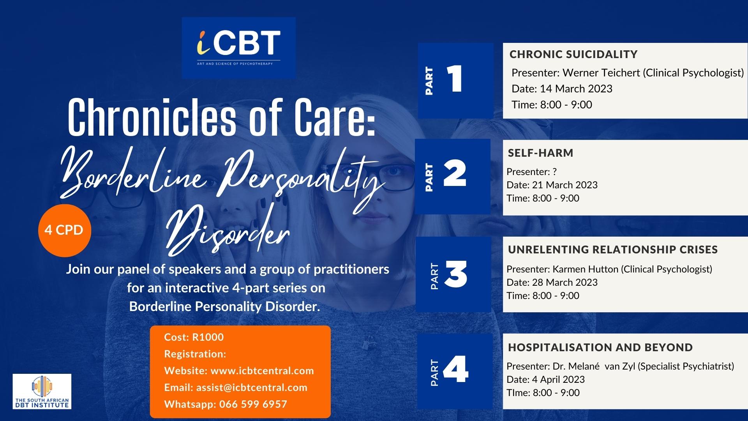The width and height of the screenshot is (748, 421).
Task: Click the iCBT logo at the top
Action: [x=238, y=48]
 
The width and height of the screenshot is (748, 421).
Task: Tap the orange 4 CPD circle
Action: [x=64, y=230]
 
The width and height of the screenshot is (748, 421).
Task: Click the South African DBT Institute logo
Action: [x=42, y=391]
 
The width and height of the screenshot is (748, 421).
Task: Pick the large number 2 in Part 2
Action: [x=455, y=174]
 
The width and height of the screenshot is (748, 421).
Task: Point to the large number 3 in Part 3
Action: [x=455, y=275]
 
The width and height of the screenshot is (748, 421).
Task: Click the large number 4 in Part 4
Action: [x=456, y=370]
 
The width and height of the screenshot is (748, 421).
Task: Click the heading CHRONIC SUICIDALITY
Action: [x=573, y=54]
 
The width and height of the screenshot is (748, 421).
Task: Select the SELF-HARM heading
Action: [x=540, y=153]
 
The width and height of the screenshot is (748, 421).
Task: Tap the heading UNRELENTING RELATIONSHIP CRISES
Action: [x=613, y=249]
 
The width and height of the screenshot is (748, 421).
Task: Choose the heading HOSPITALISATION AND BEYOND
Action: [x=600, y=347]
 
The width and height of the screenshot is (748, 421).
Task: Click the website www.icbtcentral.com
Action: [x=262, y=371]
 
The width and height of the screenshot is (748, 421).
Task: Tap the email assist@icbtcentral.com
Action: [x=252, y=387]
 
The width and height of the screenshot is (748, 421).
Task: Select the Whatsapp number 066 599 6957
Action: [x=253, y=404]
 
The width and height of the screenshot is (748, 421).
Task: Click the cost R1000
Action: [x=208, y=337]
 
